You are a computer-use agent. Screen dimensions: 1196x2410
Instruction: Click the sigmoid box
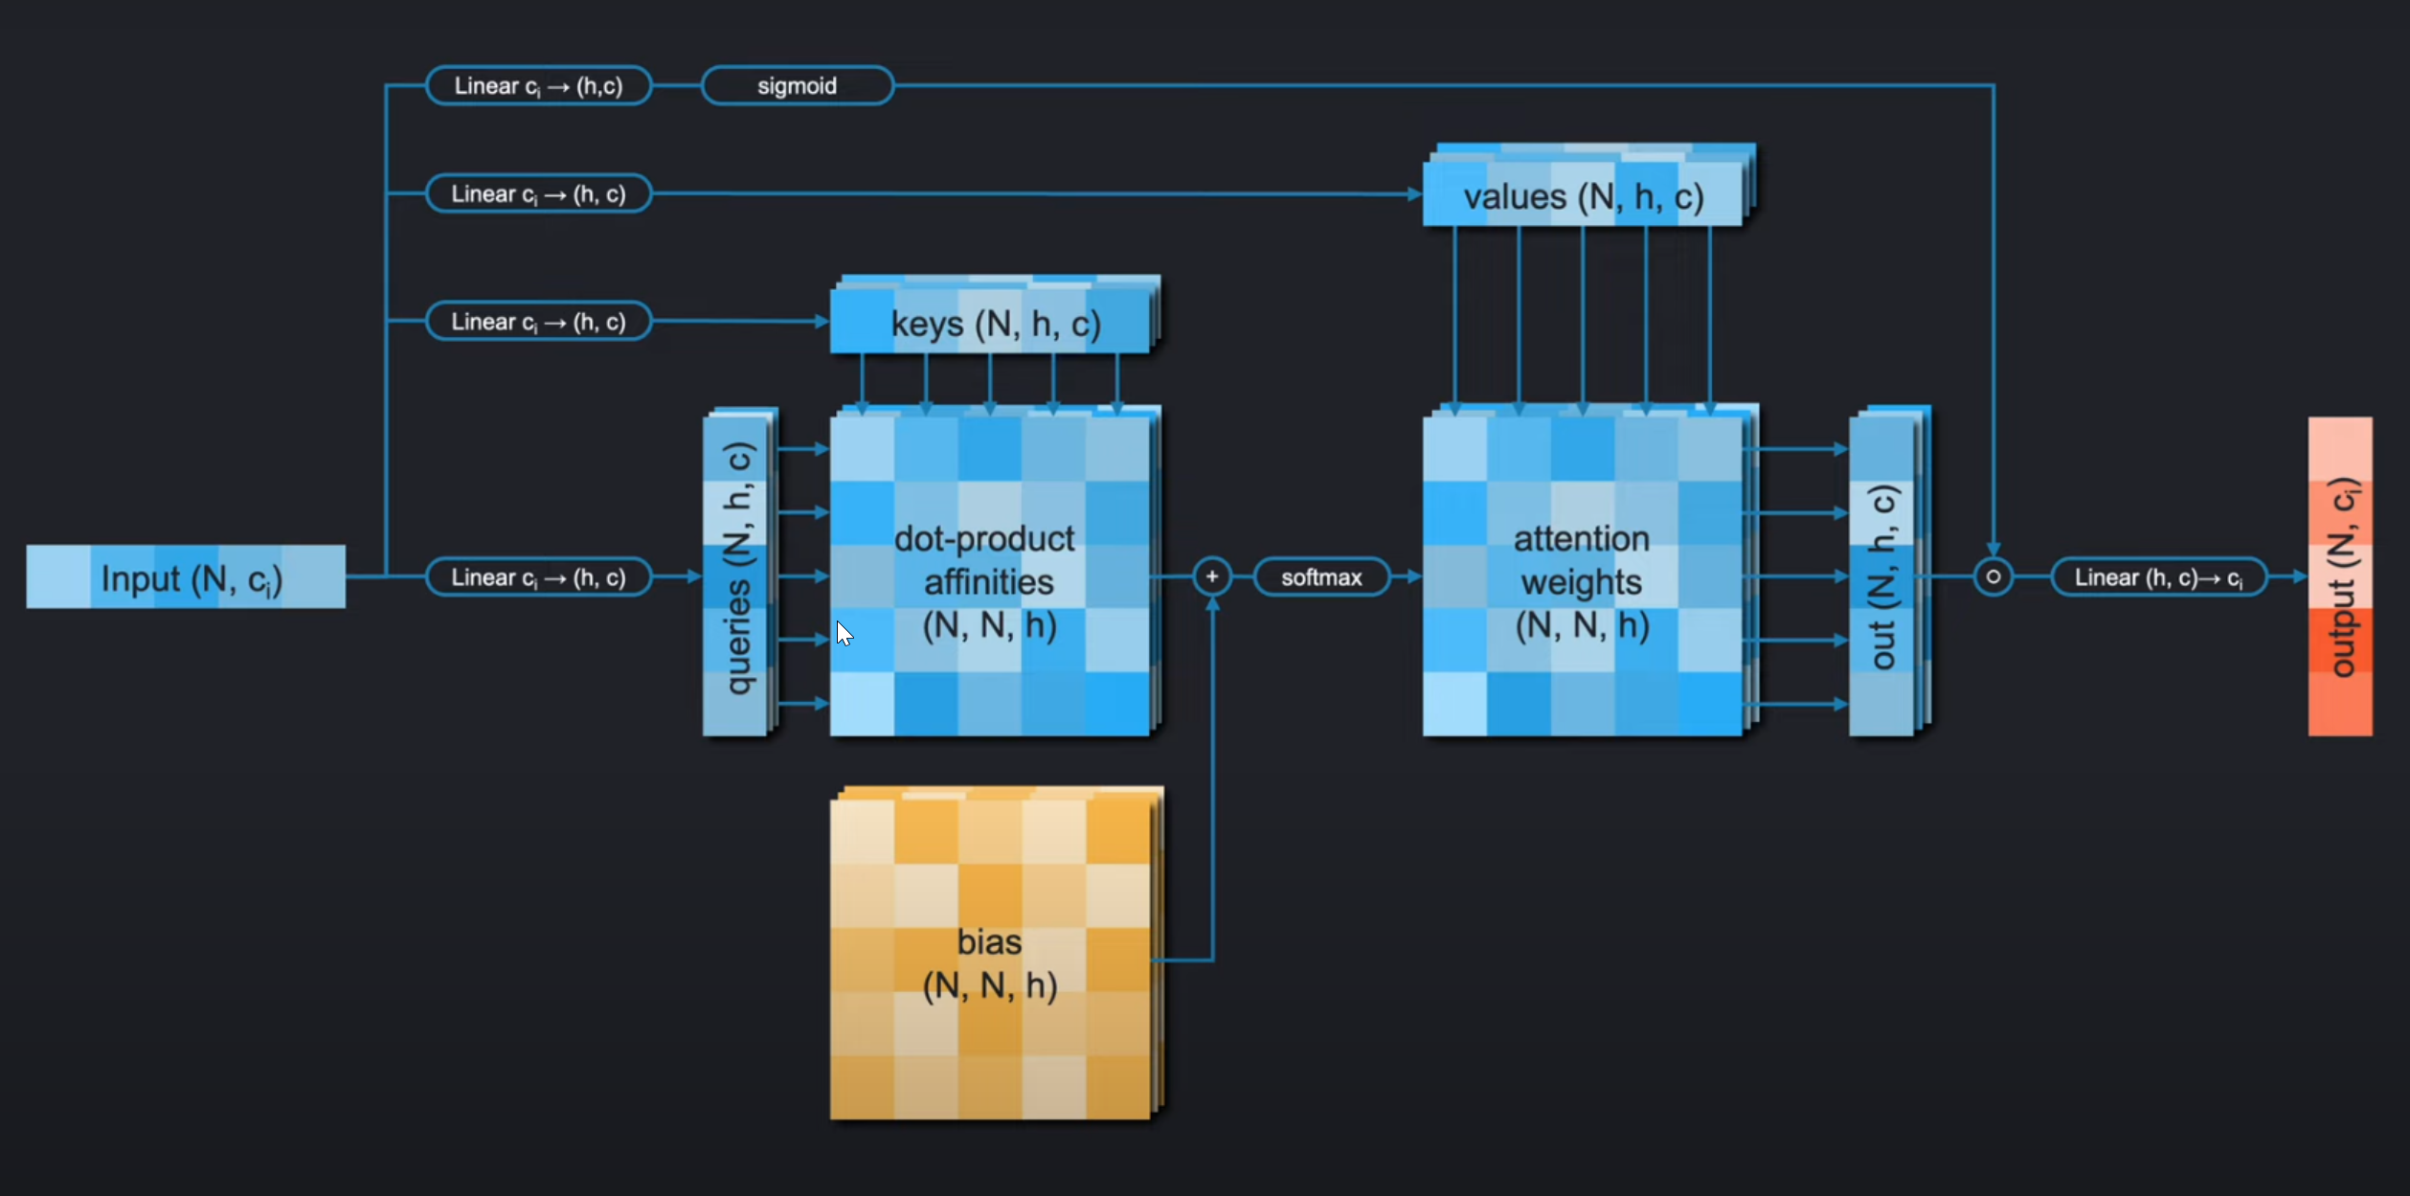tap(797, 86)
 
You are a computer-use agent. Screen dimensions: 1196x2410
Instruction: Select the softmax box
tap(1320, 577)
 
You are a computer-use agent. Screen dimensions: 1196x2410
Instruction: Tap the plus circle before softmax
tap(1211, 576)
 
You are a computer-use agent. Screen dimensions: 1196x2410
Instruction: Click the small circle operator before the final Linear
tap(1993, 576)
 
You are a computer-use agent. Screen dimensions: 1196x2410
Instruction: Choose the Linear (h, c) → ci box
tap(2158, 577)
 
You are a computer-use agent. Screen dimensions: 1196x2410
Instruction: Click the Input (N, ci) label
tap(191, 578)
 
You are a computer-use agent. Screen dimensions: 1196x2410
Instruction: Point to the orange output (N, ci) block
tap(2339, 576)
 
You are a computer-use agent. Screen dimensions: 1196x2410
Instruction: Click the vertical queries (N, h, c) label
tap(737, 569)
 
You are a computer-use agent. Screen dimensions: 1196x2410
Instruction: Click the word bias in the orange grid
tap(989, 942)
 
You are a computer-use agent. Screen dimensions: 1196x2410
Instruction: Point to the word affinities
tap(988, 582)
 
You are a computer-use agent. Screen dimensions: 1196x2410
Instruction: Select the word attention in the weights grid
tap(1581, 539)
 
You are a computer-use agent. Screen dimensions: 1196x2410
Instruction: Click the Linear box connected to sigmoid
tap(538, 86)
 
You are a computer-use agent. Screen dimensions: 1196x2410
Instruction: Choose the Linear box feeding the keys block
tap(538, 322)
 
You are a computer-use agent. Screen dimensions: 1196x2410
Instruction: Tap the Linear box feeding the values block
tap(538, 194)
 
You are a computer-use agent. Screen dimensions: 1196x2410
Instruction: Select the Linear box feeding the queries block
tap(538, 577)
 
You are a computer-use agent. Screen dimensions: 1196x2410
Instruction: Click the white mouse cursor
tap(844, 633)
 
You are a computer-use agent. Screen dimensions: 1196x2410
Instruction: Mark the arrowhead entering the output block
tap(2300, 576)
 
